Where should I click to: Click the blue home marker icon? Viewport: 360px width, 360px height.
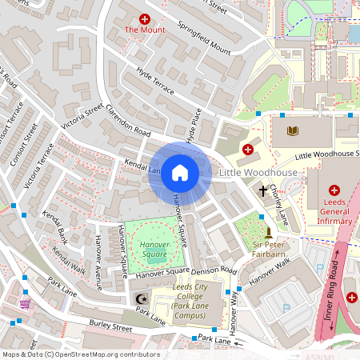pyautogui.click(x=180, y=173)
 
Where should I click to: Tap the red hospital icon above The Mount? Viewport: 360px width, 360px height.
pyautogui.click(x=145, y=18)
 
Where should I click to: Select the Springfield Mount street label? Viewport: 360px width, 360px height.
pyautogui.click(x=203, y=37)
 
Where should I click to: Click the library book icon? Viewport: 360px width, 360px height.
pyautogui.click(x=291, y=130)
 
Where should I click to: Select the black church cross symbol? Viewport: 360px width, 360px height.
pyautogui.click(x=263, y=192)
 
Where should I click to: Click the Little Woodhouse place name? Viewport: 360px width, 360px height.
pyautogui.click(x=258, y=173)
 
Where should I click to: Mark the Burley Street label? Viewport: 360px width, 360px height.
pyautogui.click(x=110, y=326)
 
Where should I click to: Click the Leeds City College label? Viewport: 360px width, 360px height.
pyautogui.click(x=190, y=300)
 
